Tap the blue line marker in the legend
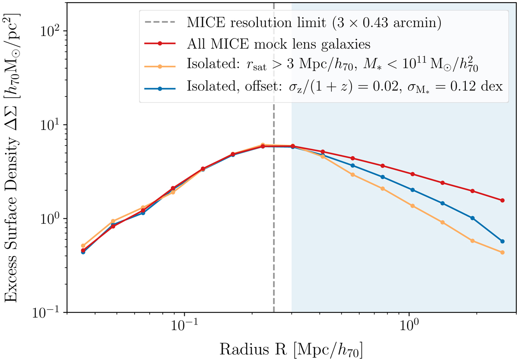tap(160, 88)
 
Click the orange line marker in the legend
tap(160, 66)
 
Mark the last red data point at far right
tap(502, 201)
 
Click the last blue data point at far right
tap(502, 241)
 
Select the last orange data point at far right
tap(502, 252)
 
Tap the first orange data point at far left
tap(83, 245)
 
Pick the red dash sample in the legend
tap(160, 44)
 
